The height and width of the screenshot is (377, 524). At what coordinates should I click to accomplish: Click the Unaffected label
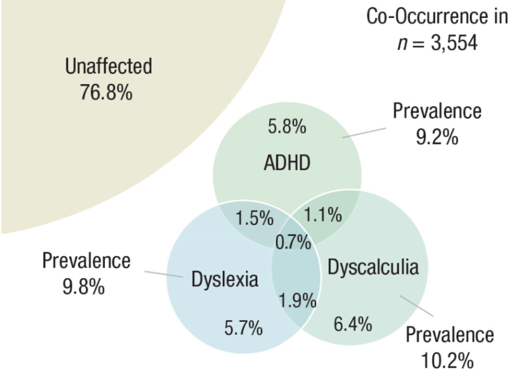(108, 66)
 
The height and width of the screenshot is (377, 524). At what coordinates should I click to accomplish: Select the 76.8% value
(106, 93)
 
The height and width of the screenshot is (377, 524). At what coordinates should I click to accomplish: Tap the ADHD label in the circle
(287, 162)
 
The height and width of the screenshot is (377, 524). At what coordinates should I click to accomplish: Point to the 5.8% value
(287, 127)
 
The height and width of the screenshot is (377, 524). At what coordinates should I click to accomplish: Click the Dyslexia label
(225, 279)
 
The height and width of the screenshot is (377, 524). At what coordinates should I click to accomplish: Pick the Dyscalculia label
(373, 267)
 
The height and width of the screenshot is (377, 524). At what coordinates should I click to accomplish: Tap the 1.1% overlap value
(323, 214)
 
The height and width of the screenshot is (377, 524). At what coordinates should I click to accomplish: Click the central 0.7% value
(293, 243)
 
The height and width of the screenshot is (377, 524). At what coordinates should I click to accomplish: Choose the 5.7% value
(243, 328)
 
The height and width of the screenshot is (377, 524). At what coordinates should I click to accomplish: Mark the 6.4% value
(352, 325)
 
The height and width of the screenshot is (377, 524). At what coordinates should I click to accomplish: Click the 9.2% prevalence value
(437, 138)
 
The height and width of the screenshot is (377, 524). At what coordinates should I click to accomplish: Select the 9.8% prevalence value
(84, 287)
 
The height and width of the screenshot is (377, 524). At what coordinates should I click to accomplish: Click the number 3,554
(454, 43)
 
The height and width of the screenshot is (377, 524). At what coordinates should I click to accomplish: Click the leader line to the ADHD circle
(363, 132)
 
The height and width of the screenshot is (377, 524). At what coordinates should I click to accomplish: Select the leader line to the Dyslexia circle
(164, 274)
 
